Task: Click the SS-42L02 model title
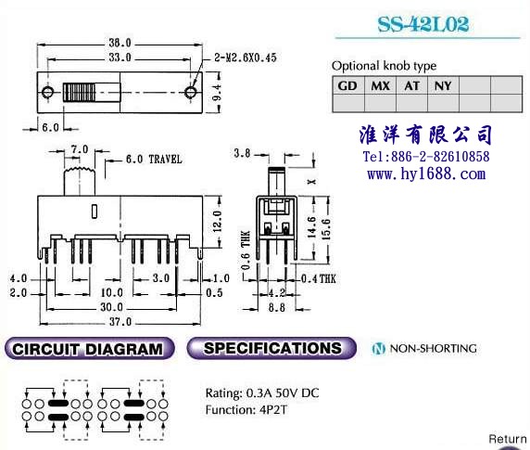click(x=423, y=24)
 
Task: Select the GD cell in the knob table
click(x=348, y=85)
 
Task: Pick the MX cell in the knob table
click(x=380, y=85)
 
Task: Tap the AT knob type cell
click(x=411, y=85)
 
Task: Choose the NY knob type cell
click(x=443, y=85)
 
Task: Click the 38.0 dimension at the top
click(x=120, y=43)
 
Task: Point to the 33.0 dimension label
click(x=120, y=58)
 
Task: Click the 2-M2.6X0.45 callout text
click(x=246, y=58)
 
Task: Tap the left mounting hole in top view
click(x=47, y=92)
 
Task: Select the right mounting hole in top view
click(x=191, y=92)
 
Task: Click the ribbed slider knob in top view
click(x=79, y=92)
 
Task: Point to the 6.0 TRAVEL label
click(x=154, y=159)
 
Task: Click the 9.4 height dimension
click(x=217, y=93)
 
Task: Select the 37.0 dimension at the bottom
click(x=120, y=321)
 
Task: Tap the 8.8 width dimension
click(x=276, y=307)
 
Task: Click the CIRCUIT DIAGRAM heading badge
click(x=89, y=348)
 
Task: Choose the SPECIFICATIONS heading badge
click(x=271, y=348)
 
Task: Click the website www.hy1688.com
click(x=426, y=174)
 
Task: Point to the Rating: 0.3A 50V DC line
click(x=262, y=393)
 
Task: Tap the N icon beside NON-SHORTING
click(x=379, y=349)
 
